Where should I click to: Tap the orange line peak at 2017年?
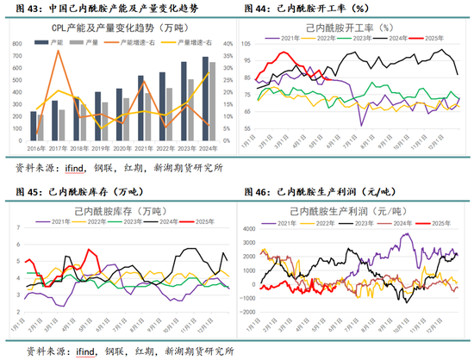[59, 51]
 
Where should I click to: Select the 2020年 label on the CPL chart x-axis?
[126, 148]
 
